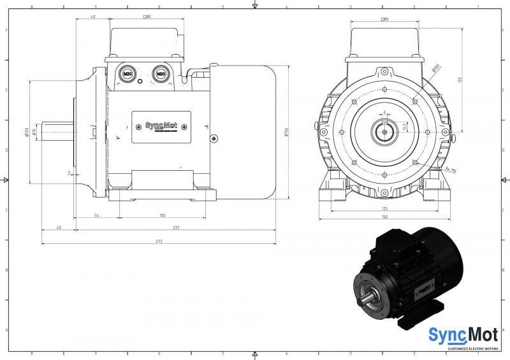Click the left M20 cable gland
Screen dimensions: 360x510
coord(127,74)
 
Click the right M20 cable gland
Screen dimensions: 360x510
coord(161,74)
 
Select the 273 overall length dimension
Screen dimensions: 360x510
coord(159,241)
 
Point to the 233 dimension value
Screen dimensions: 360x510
coord(175,227)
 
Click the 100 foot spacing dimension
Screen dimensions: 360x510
coord(163,216)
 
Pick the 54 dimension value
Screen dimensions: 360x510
coord(96,216)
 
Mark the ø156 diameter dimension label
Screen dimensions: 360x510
coord(288,131)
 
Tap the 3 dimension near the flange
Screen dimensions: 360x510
coord(68,172)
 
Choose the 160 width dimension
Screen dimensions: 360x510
coord(384,216)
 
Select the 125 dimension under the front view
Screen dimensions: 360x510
coord(384,208)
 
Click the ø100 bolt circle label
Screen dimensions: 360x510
coord(435,68)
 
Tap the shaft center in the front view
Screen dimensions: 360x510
coord(384,131)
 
